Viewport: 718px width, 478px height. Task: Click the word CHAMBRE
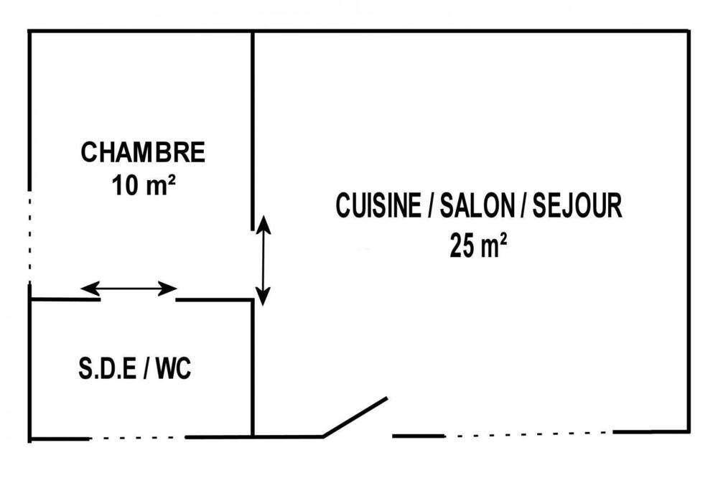[x=143, y=152]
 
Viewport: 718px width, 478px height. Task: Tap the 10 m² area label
[x=144, y=185]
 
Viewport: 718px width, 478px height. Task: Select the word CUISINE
[x=378, y=205]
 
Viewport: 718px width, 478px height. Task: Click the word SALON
[x=477, y=205]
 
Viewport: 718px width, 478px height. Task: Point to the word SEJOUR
[x=577, y=205]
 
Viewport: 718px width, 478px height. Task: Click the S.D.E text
[x=108, y=368]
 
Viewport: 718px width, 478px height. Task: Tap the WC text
[x=173, y=368]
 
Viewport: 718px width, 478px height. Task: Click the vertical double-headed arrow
[x=263, y=260]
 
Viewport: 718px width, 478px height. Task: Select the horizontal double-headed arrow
[x=129, y=289]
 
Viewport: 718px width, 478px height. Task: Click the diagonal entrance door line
[x=355, y=417]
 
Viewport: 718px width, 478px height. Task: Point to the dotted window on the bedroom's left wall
[x=29, y=237]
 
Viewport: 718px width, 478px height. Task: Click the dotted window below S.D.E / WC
[x=137, y=438]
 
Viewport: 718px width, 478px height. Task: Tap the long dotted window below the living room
[x=529, y=434]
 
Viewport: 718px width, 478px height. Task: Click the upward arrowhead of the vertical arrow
[x=263, y=225]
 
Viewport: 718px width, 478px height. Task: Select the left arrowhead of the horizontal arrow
[x=90, y=289]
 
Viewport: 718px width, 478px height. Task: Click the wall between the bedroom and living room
[x=252, y=131]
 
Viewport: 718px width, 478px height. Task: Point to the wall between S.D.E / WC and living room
[x=252, y=367]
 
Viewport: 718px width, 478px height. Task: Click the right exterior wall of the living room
[x=688, y=231]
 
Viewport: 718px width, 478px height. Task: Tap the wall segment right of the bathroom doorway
[x=214, y=300]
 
